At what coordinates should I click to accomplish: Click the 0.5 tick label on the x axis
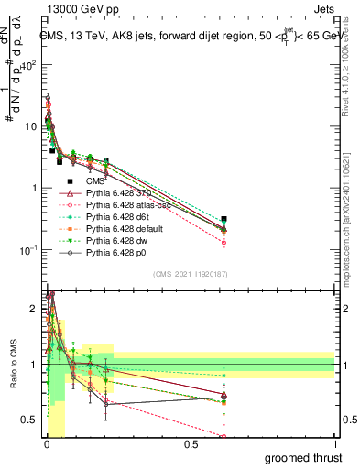(x=191, y=444)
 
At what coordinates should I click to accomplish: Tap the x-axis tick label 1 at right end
(x=334, y=444)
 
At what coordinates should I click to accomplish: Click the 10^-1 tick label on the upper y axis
(x=27, y=250)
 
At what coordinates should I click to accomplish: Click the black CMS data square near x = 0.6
(x=224, y=220)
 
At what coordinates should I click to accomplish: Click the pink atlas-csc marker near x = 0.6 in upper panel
(x=224, y=243)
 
